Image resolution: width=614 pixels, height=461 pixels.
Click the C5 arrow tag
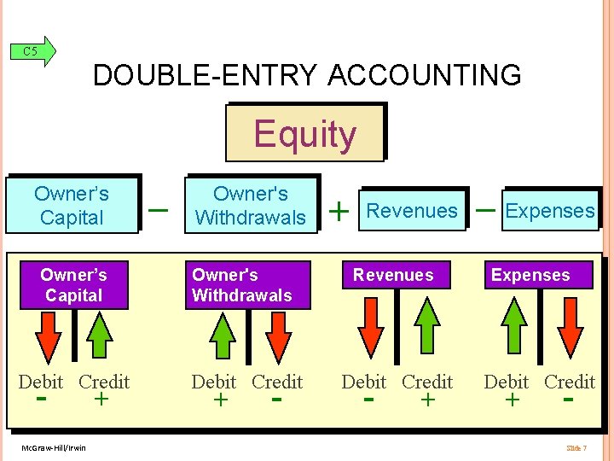click(x=35, y=51)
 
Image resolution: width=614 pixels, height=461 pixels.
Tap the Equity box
click(x=304, y=133)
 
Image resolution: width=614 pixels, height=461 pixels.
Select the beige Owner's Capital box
click(x=72, y=205)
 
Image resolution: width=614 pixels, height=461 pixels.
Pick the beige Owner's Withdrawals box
click(x=251, y=205)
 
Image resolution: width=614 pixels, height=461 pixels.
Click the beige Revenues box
click(x=413, y=210)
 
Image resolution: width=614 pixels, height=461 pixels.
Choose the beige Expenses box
click(x=550, y=210)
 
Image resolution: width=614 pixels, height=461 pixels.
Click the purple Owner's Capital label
click(x=73, y=285)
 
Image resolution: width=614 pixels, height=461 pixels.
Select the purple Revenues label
click(x=393, y=275)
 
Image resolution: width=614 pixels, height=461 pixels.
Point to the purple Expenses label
click(x=530, y=275)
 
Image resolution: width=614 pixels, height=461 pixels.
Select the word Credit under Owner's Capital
click(x=104, y=382)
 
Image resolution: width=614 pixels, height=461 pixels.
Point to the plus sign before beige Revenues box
click(x=339, y=210)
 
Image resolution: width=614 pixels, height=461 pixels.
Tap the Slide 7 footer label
click(x=576, y=447)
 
